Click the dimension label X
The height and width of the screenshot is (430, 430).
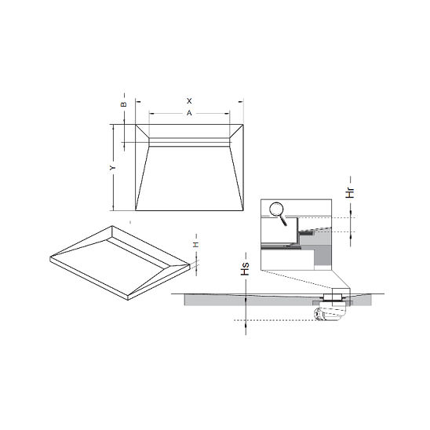[x=189, y=101]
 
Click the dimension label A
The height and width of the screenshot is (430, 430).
[x=189, y=113]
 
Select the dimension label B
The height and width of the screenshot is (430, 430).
[x=124, y=104]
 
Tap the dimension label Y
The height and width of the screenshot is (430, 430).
[x=113, y=168]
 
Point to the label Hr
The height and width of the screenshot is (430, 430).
[x=350, y=192]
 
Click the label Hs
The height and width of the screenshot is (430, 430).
[x=245, y=268]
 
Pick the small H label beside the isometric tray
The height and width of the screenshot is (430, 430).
[x=196, y=245]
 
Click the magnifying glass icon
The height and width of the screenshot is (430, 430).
[x=278, y=213]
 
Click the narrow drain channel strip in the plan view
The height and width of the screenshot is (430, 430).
[x=189, y=142]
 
